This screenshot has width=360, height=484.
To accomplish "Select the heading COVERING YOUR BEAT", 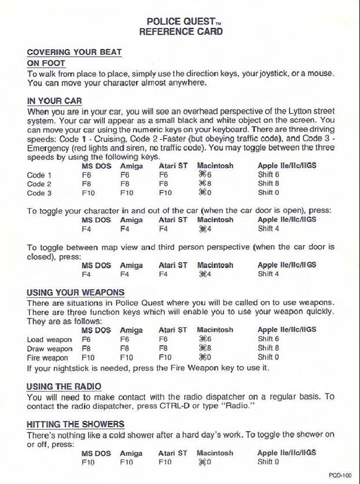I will (74, 52).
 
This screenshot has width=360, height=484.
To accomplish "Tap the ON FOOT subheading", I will (46, 63).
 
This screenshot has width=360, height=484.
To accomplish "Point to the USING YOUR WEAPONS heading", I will (75, 293).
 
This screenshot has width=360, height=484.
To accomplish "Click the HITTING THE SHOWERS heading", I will (75, 424).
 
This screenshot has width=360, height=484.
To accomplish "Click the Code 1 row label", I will (38, 175).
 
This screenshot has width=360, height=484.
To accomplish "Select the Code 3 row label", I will (38, 193).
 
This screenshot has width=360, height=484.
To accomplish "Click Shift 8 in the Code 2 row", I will (269, 184).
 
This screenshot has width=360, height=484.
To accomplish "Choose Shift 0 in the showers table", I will (269, 462).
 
